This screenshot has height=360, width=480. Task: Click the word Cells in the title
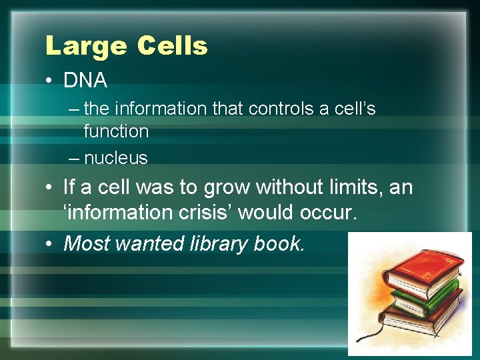(x=172, y=47)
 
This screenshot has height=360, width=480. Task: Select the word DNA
(x=85, y=81)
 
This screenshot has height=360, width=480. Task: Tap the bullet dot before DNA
(x=50, y=81)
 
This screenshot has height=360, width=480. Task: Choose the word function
(x=116, y=131)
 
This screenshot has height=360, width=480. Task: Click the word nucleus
(x=116, y=158)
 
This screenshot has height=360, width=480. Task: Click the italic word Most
(x=87, y=243)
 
